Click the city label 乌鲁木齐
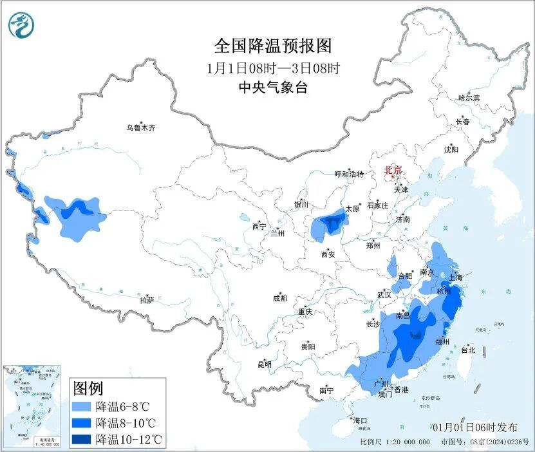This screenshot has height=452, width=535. [x=140, y=128]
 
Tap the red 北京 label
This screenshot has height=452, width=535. [x=393, y=170]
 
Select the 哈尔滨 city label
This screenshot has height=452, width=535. [x=468, y=98]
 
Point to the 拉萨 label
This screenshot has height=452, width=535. [x=147, y=300]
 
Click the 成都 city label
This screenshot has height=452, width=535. [x=279, y=298]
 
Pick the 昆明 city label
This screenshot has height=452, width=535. [x=265, y=364]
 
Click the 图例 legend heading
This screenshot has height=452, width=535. [x=88, y=389]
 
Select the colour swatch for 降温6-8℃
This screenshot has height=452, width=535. [x=80, y=407]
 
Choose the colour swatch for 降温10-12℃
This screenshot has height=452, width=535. [x=80, y=440]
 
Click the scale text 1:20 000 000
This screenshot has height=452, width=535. [x=404, y=442]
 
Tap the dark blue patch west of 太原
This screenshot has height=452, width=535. [x=332, y=223]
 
